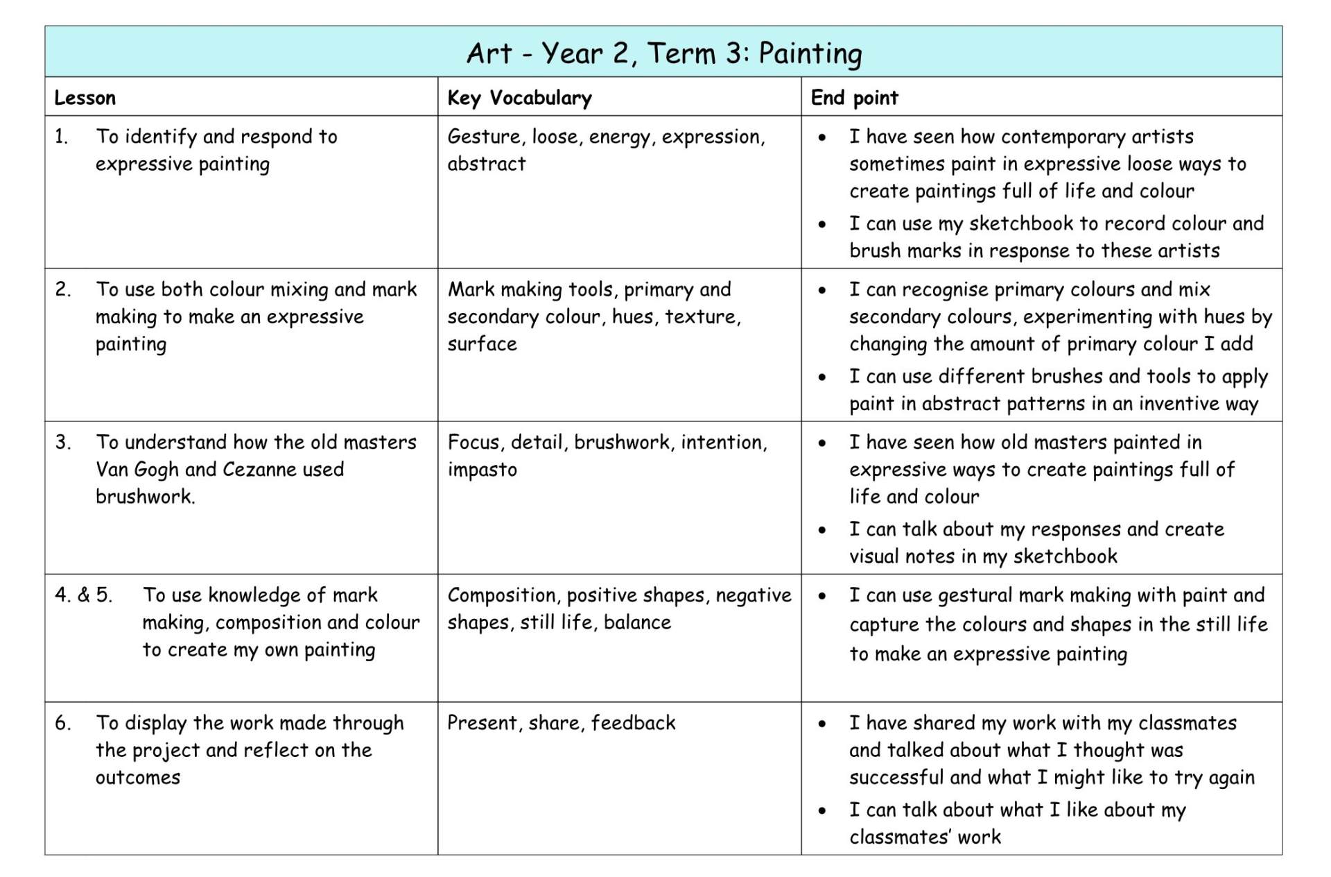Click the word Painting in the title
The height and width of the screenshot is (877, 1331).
point(810,54)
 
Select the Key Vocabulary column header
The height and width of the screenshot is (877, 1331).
point(519,98)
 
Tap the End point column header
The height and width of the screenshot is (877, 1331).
point(854,98)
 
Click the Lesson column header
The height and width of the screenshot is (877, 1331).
point(85,98)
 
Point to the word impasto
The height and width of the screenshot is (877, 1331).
point(482,470)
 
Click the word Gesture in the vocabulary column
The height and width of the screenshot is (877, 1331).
point(485,137)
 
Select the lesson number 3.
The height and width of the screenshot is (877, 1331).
point(62,443)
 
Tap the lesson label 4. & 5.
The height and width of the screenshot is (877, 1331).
point(83,595)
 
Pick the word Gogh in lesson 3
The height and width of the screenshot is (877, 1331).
point(157,470)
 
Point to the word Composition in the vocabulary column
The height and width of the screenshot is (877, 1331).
point(503,595)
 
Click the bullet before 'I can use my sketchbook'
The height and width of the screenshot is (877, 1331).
point(822,224)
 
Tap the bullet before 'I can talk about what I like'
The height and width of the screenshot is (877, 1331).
point(822,810)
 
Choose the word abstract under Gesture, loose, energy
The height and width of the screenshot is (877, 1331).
point(486,164)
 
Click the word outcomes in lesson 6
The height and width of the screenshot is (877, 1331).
point(138,778)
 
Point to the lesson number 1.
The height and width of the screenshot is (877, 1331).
point(61,137)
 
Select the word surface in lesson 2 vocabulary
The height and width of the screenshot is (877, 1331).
point(482,344)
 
